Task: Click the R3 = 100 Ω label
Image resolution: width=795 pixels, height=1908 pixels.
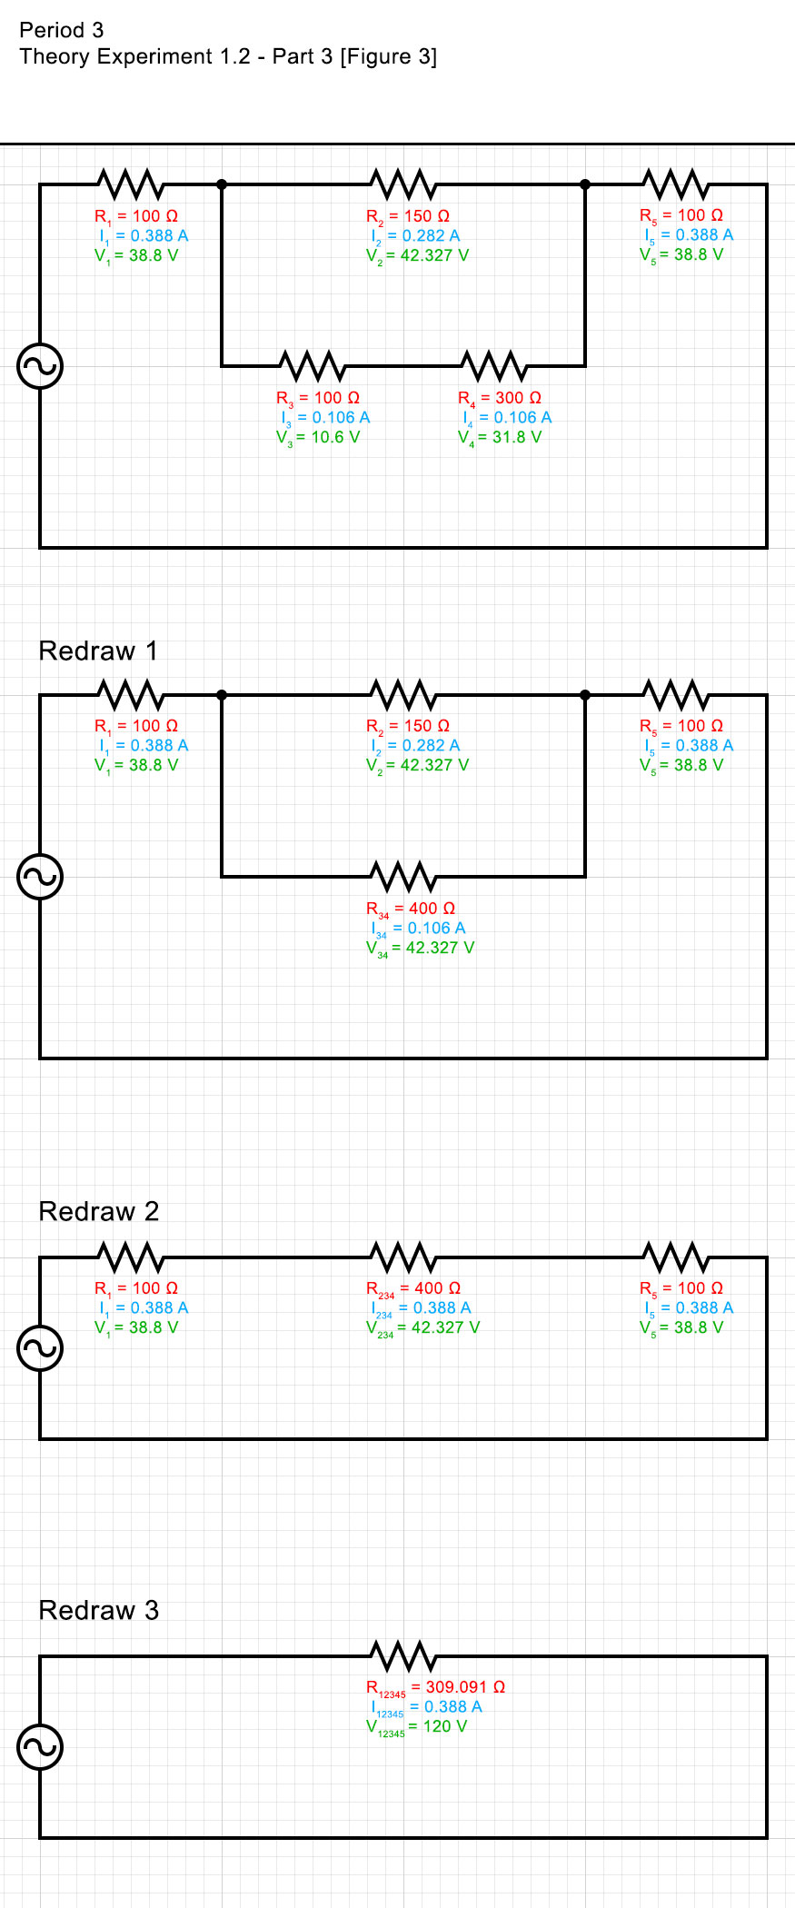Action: [x=318, y=398]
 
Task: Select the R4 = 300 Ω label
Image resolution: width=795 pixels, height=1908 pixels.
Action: [x=500, y=398]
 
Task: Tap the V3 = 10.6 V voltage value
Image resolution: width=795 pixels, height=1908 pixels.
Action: [x=318, y=437]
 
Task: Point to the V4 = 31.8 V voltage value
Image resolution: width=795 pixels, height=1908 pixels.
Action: [x=500, y=437]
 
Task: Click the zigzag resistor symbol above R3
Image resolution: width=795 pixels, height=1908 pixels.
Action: [x=313, y=365]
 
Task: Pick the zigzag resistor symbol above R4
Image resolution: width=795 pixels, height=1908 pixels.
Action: [x=494, y=365]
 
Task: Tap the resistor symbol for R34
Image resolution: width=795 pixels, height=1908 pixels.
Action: [x=403, y=876]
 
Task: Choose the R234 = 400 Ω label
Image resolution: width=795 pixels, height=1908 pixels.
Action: [x=413, y=1288]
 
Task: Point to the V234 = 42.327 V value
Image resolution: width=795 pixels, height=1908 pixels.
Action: [x=422, y=1327]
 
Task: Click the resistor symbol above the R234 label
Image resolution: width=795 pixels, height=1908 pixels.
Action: [x=403, y=1257]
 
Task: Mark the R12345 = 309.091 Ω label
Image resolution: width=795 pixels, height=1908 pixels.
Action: [x=435, y=1687]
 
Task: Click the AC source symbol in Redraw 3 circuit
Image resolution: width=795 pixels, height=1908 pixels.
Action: [x=40, y=1746]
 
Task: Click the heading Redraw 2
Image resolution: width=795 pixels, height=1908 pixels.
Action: [x=99, y=1211]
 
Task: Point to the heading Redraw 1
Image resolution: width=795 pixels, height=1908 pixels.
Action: [x=98, y=651]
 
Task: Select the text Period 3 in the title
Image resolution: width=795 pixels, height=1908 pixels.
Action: [x=62, y=30]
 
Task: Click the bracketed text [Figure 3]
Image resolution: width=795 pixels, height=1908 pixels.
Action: [x=388, y=56]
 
